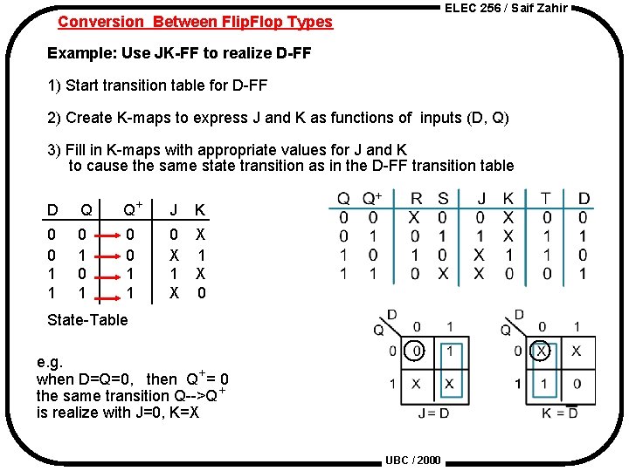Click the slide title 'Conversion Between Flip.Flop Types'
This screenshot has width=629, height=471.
(x=195, y=22)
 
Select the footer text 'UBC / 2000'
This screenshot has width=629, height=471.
(x=412, y=461)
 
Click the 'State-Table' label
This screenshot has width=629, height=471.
(x=87, y=319)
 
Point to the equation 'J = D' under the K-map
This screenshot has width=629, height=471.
(x=433, y=412)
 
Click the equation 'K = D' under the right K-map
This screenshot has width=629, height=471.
(x=560, y=412)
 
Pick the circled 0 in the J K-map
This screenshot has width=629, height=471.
(x=418, y=351)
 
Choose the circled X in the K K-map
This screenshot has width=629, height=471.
(x=543, y=351)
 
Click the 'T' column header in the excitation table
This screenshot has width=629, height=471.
(x=546, y=199)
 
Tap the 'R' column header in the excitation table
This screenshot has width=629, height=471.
(x=416, y=199)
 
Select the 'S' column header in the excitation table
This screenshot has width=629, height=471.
(x=443, y=199)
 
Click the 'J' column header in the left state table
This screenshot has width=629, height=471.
(x=174, y=209)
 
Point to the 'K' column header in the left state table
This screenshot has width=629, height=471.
(x=200, y=209)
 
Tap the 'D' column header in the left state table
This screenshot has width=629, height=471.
(x=52, y=209)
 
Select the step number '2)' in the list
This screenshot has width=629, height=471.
(x=55, y=118)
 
